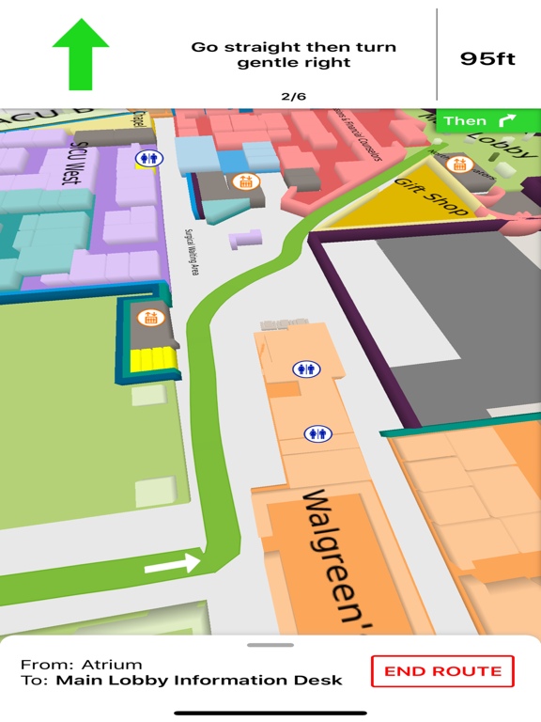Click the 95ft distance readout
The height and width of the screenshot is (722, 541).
click(x=487, y=58)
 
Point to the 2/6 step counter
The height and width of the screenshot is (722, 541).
click(x=293, y=96)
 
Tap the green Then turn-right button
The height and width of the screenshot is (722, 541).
click(x=480, y=120)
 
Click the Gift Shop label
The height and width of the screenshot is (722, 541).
click(x=430, y=196)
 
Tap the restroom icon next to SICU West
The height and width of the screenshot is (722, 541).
click(x=147, y=158)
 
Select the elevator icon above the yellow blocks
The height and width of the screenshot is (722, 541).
click(x=150, y=318)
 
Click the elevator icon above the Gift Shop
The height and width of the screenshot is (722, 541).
click(x=459, y=165)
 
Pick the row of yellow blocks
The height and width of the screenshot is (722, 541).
click(x=153, y=357)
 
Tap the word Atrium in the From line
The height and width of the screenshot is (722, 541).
click(x=111, y=664)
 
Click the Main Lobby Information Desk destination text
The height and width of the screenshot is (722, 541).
click(x=199, y=680)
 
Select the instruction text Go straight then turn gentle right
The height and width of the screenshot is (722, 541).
click(x=293, y=55)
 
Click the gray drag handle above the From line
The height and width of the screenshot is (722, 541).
click(x=270, y=645)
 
